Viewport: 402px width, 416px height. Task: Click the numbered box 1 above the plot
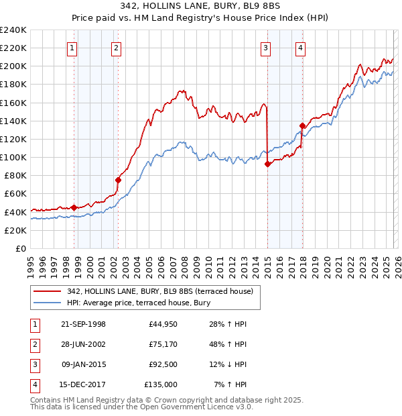point(72,48)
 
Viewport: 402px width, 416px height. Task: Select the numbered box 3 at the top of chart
point(266,48)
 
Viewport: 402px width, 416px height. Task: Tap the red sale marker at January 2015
point(267,164)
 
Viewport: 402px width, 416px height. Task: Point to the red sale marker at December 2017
point(302,125)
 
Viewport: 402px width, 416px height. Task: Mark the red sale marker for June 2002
point(119,180)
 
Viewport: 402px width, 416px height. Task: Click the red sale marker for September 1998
point(74,207)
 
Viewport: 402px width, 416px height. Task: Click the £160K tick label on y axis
point(13,103)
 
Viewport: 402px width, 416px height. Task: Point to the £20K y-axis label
point(16,230)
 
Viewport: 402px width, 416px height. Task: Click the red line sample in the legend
point(47,291)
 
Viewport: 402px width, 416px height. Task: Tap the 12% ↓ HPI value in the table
point(227,364)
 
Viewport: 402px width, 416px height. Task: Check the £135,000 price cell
point(161,384)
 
